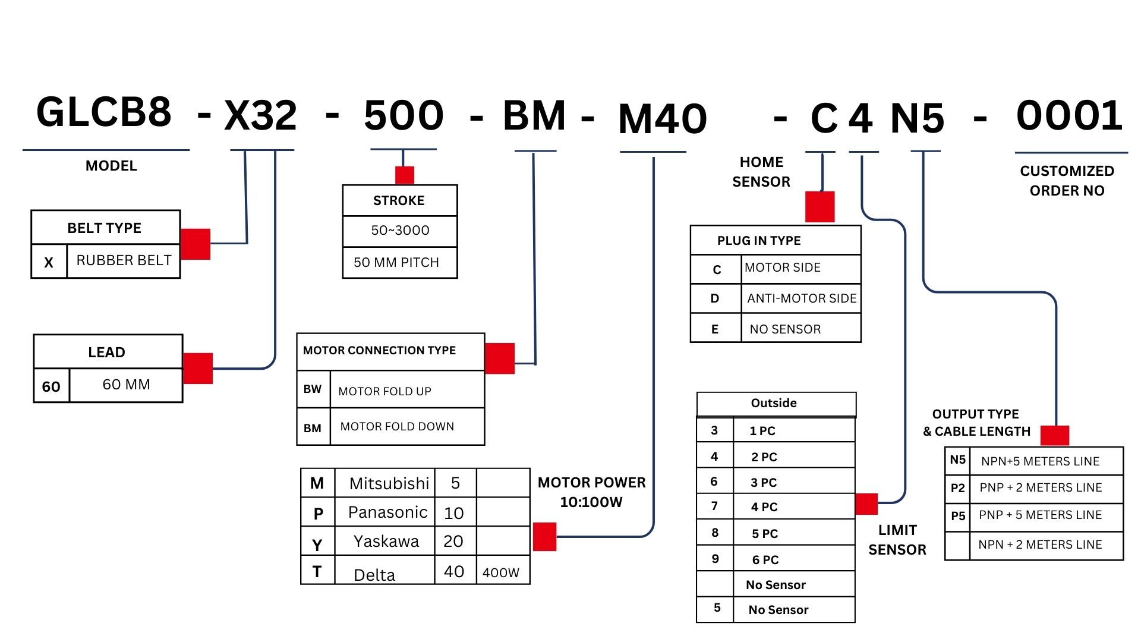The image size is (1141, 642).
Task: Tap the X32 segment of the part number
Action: (260, 115)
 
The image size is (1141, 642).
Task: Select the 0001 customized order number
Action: (1069, 115)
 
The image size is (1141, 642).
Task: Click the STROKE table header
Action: (399, 201)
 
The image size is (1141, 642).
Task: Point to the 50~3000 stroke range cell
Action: (400, 231)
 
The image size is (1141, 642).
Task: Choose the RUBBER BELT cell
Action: (124, 260)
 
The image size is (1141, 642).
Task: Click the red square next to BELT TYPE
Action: (196, 244)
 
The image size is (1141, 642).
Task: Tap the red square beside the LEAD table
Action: (198, 368)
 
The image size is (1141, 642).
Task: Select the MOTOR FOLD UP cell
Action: (384, 391)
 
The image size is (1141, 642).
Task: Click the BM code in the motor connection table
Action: (313, 428)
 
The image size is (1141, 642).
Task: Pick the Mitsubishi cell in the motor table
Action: (389, 483)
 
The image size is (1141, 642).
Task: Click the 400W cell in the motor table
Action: (501, 572)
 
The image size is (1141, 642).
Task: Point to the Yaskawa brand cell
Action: (386, 542)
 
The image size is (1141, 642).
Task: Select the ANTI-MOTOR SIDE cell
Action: (802, 298)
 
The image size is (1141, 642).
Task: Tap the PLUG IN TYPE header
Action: (759, 241)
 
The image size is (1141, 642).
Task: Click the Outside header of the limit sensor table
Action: (774, 404)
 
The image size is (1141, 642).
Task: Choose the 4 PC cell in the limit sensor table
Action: (764, 507)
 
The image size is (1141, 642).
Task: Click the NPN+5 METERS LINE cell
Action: (1040, 461)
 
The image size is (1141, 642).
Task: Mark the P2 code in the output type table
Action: (957, 488)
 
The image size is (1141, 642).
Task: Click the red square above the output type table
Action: (1055, 435)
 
